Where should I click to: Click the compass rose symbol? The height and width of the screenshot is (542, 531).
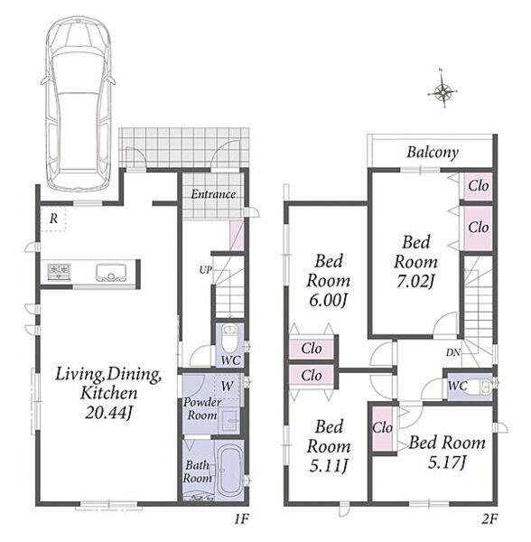[x=442, y=92]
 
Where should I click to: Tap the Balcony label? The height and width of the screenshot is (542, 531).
[x=433, y=153]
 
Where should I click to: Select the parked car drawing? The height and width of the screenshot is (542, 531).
[x=78, y=103]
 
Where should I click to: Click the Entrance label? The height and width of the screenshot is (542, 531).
[x=213, y=194]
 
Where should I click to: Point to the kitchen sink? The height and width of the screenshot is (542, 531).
[x=111, y=272]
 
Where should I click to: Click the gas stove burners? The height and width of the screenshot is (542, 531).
[x=59, y=272]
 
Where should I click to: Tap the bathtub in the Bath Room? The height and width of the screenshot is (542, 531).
[x=229, y=471]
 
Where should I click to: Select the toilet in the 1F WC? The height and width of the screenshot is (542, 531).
[x=229, y=338]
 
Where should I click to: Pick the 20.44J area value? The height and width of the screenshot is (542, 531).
[x=109, y=413]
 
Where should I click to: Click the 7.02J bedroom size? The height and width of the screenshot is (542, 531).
[x=415, y=281]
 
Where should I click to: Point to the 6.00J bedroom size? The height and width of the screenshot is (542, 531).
[x=328, y=300]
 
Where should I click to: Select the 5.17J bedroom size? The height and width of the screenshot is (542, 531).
[x=447, y=463]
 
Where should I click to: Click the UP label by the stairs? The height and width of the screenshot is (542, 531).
[x=205, y=269]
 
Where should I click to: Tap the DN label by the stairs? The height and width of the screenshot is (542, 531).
[x=453, y=352]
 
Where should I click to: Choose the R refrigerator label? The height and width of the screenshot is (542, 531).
[x=53, y=219]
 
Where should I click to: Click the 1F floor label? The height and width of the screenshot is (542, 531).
[x=241, y=519]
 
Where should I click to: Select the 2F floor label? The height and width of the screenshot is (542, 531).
[x=490, y=519]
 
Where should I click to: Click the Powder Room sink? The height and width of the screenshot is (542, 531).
[x=229, y=420]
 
